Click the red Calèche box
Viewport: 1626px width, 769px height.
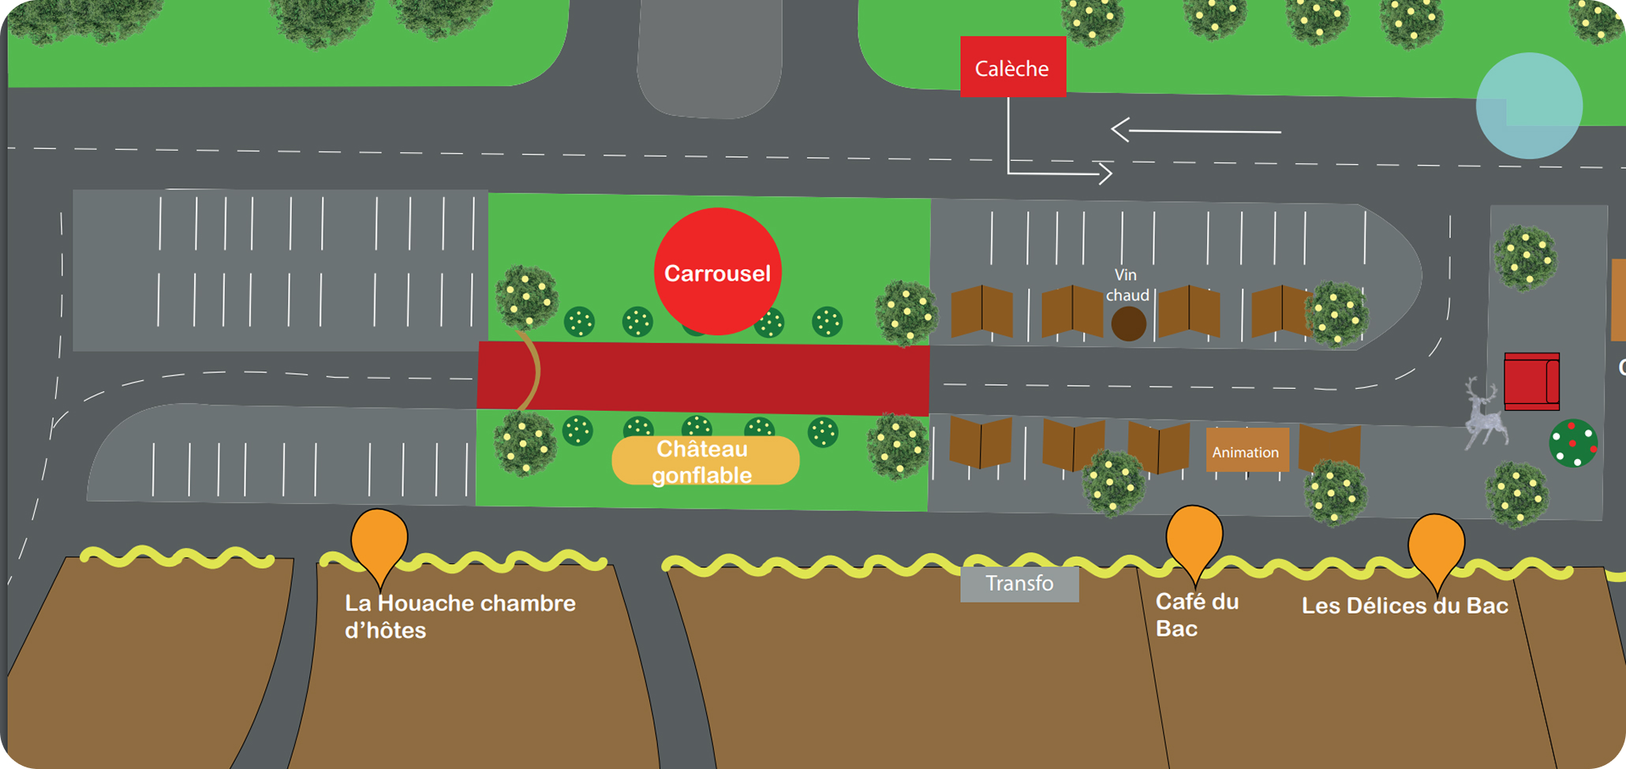[x=1012, y=67]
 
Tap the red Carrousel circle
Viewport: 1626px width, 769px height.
[x=717, y=272]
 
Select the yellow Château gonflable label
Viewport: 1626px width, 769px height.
[x=705, y=461]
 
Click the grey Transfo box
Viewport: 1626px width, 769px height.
[x=1019, y=584]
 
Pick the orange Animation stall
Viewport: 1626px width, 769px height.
[x=1247, y=450]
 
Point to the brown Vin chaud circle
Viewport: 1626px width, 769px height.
[x=1128, y=324]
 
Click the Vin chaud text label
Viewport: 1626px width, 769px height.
[x=1127, y=285]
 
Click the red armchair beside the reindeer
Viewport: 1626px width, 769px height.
[x=1531, y=382]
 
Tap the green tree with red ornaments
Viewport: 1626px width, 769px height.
[x=1573, y=443]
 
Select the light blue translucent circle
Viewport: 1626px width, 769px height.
[x=1529, y=106]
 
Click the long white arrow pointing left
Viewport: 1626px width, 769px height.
[x=1195, y=130]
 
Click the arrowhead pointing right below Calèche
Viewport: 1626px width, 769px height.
[x=1105, y=173]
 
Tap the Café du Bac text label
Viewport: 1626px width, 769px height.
[x=1196, y=614]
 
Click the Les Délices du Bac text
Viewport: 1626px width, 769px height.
[x=1404, y=606]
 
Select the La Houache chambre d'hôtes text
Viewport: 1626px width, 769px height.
[x=459, y=616]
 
